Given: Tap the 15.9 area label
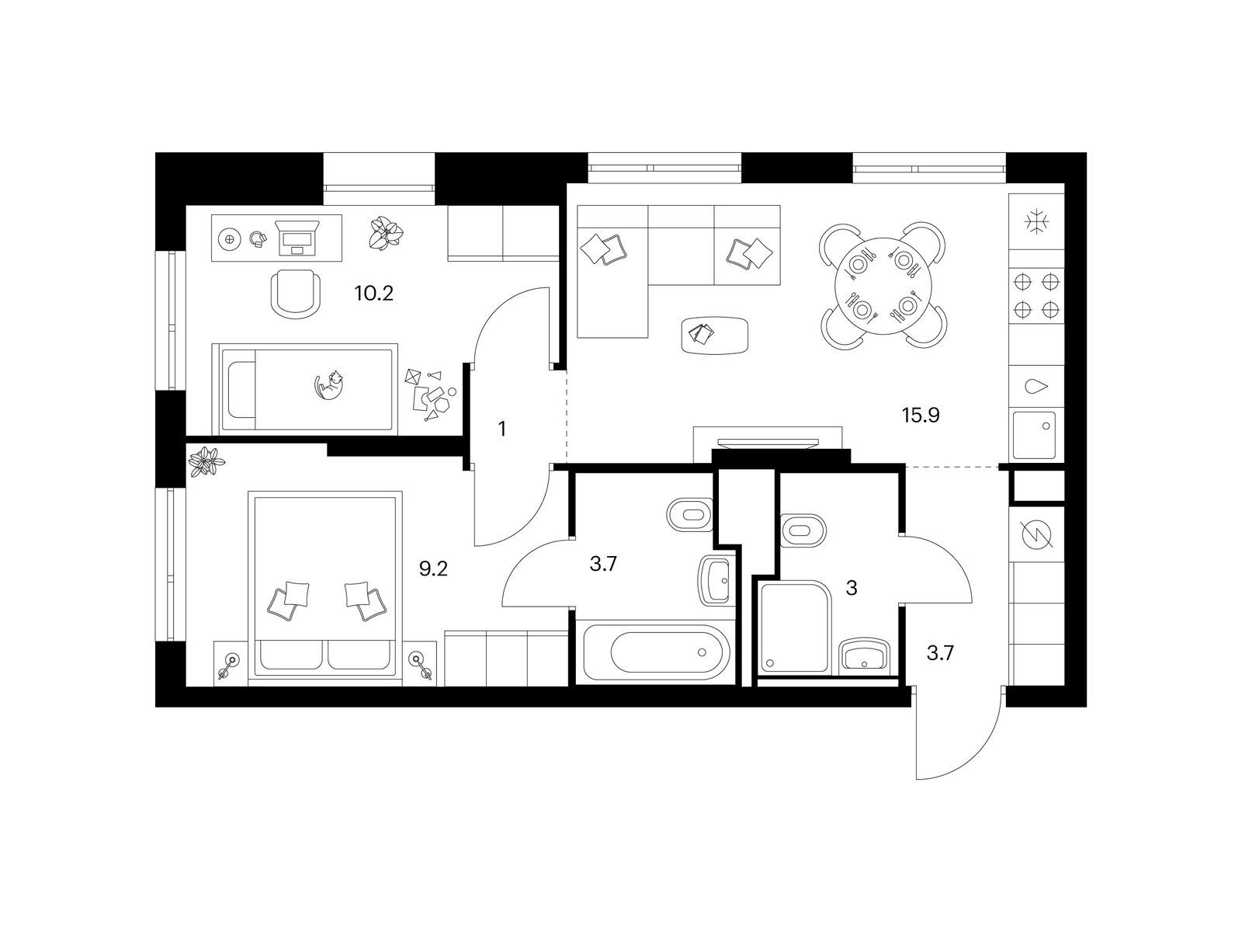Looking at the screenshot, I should click(921, 416).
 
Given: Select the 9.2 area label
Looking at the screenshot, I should click(434, 569).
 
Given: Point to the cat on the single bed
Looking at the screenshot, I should click(329, 385).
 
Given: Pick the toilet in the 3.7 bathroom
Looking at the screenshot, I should click(689, 515).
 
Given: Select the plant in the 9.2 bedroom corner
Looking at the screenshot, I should click(206, 463).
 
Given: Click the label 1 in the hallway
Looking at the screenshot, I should click(502, 428).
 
